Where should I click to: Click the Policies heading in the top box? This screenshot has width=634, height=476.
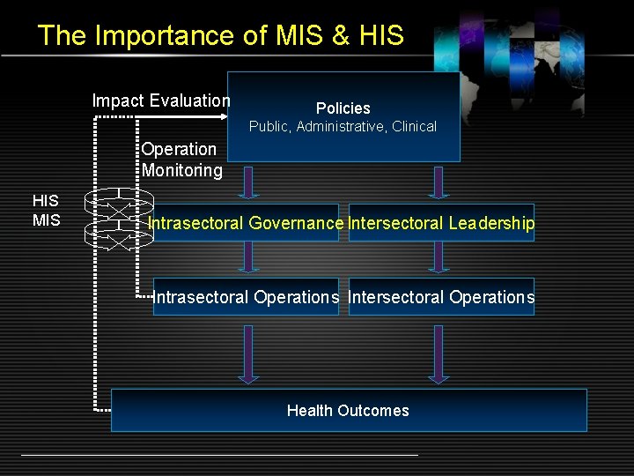coord(343,108)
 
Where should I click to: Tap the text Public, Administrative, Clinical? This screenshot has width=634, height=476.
coord(343,127)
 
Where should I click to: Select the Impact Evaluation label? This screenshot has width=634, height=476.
coord(161,100)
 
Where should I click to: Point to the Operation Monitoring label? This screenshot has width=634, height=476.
coord(181,160)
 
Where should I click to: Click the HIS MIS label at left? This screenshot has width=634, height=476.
coord(46,211)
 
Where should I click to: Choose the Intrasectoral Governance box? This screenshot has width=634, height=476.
coord(246,223)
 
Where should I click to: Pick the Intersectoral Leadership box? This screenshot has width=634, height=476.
coord(441,223)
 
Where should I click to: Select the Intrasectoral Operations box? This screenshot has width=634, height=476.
coord(246,297)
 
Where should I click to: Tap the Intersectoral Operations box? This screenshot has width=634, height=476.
coord(441,297)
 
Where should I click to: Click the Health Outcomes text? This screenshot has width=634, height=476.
coord(348,411)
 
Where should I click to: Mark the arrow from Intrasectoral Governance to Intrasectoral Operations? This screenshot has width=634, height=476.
coord(249,257)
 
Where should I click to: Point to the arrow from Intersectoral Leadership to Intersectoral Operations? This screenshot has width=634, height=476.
coord(438,257)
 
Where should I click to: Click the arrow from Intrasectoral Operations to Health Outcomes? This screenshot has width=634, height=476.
coord(249,353)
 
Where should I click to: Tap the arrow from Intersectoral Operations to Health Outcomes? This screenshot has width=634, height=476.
coord(438,353)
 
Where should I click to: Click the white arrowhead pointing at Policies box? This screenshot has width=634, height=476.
coord(222,115)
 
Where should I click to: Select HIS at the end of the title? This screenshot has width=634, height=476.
coord(381,35)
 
